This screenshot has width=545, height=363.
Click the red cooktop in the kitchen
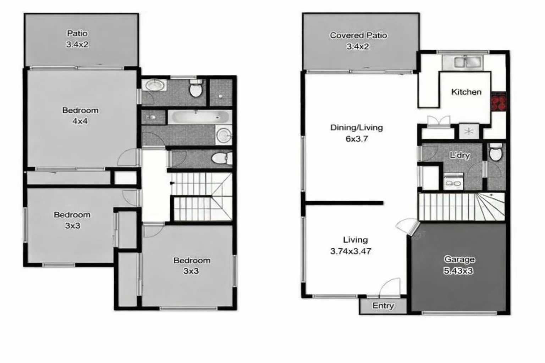pos(498,102)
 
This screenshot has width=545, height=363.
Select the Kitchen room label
pos(466,92)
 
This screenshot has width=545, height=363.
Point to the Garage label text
pos(459,259)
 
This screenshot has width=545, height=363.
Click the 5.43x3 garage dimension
pos(458,271)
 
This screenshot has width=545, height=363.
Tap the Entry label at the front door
pos(383,306)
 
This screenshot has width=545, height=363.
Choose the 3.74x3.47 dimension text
pos(351,251)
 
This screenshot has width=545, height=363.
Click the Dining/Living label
pos(356,127)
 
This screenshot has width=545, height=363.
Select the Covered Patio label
pos(358,35)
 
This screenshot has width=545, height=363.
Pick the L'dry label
pos(459,155)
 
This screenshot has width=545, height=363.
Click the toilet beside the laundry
pos(495,153)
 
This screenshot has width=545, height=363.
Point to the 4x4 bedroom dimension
pos(80,121)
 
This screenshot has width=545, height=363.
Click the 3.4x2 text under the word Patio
pos(77,45)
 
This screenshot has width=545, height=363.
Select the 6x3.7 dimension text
pos(357,139)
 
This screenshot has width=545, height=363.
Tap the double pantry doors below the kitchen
pos(439,121)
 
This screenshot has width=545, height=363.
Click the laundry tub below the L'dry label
pos(453,181)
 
